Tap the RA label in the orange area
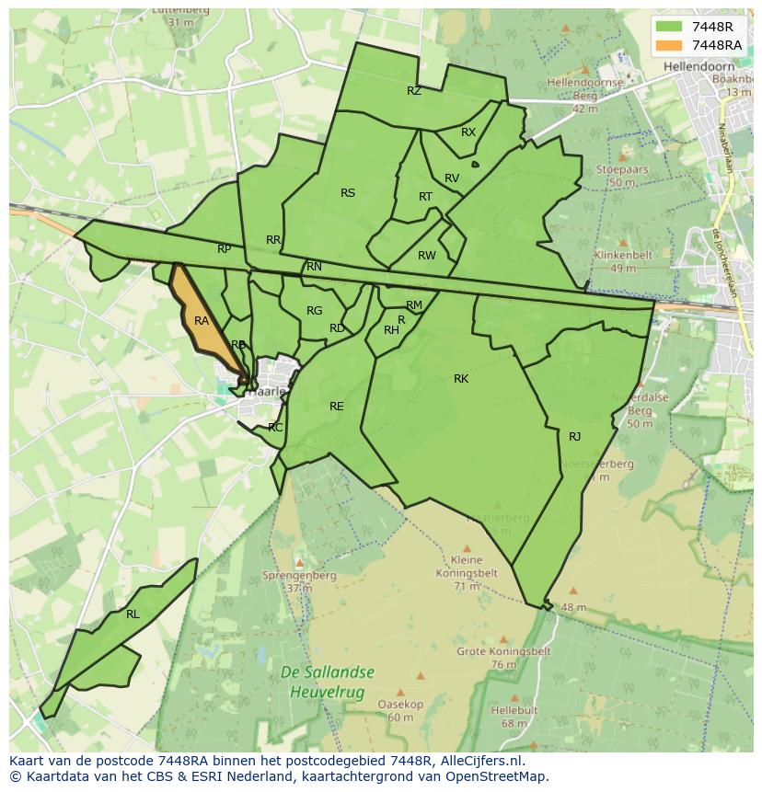point(202,321)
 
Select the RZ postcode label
point(414,91)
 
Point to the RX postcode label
point(468,132)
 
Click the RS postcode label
point(348,193)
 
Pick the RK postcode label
point(461,379)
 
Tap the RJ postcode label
point(575,437)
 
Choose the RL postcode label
point(133,614)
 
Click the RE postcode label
point(337,407)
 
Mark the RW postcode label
point(427,256)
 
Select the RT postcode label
point(425,197)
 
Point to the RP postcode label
point(225,249)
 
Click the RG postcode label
point(315,311)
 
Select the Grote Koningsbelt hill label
point(503,651)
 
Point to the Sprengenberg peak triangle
point(299,562)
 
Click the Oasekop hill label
point(400,705)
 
